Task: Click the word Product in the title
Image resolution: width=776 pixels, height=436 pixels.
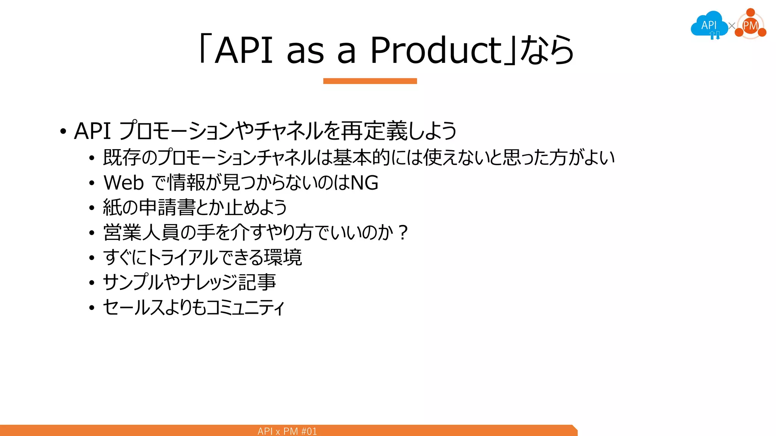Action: (x=436, y=50)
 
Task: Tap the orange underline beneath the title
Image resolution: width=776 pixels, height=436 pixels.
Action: (x=370, y=81)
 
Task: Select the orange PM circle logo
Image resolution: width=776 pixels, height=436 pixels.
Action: (x=751, y=26)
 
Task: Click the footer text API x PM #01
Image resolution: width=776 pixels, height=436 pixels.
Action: (x=287, y=431)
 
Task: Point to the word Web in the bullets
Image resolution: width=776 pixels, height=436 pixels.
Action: (x=124, y=183)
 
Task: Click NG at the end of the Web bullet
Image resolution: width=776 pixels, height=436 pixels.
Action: (x=365, y=183)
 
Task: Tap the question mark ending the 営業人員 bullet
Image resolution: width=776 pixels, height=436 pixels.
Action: (x=403, y=232)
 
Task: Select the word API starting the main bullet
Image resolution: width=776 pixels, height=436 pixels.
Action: (x=92, y=131)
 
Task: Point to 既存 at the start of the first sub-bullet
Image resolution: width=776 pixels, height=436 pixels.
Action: (x=122, y=157)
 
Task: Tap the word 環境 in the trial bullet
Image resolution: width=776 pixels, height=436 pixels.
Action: (x=283, y=257)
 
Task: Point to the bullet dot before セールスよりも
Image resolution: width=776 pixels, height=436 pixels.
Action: (x=92, y=308)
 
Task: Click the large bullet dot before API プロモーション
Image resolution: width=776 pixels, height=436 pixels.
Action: (x=63, y=132)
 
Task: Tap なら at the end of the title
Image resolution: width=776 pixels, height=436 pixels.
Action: (x=547, y=50)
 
